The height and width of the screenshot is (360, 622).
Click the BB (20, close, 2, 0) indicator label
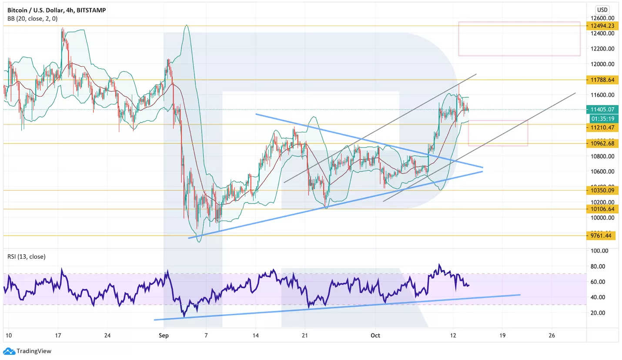32,19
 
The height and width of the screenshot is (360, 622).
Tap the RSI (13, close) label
26,256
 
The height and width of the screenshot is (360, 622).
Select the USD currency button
602,10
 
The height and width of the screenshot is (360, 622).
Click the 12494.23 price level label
602,26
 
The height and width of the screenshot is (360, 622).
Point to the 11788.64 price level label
602,80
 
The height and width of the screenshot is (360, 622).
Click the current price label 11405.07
602,110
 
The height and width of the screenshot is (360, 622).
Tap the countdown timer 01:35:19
602,118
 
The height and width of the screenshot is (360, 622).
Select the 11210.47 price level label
602,127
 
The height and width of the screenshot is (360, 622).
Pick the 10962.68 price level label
602,143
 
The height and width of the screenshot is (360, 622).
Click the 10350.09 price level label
602,190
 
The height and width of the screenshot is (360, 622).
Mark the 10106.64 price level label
602,209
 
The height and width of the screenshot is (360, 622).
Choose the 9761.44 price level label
602,236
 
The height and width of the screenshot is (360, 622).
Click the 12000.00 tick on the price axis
602,64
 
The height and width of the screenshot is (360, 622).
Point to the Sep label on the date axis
164,336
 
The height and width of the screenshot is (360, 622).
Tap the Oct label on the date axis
376,336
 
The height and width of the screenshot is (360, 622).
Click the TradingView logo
27,351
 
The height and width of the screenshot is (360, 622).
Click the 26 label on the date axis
552,336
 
